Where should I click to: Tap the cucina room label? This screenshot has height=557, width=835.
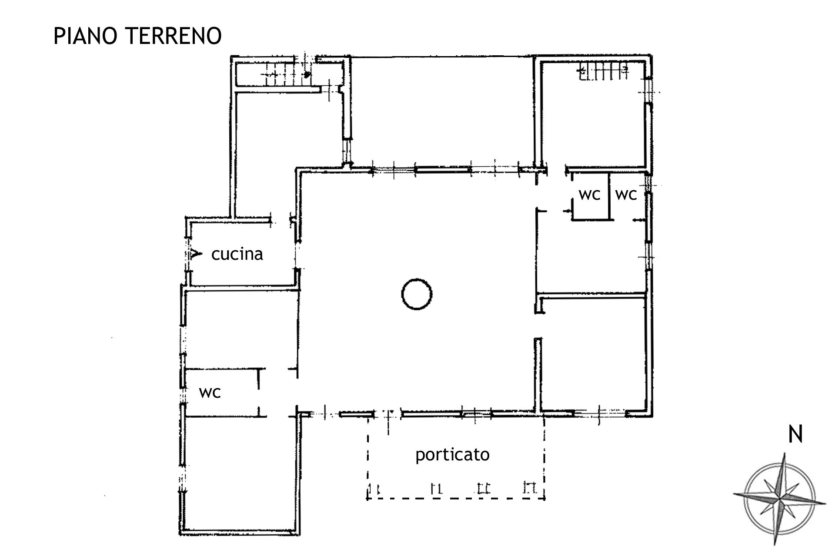(237, 254)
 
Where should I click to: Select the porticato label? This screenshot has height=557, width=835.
(452, 455)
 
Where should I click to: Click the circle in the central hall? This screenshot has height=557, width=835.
(417, 279)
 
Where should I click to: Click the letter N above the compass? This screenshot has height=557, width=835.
(795, 435)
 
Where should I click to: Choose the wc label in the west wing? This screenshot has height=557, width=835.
(210, 393)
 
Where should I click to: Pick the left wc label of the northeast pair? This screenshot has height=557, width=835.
(589, 195)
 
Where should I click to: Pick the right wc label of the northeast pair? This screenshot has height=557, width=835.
(626, 195)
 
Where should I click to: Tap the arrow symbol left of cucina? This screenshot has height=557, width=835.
(195, 254)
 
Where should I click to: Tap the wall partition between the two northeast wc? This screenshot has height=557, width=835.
(608, 196)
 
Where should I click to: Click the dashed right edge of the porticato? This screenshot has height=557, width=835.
(544, 457)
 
